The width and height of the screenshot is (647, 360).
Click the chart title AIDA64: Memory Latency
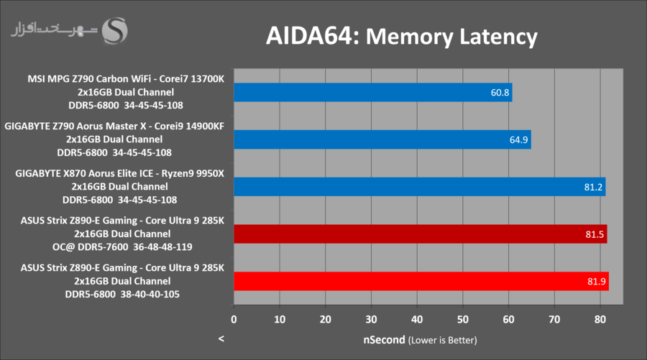[x=402, y=36]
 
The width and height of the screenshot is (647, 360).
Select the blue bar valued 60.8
[x=372, y=92]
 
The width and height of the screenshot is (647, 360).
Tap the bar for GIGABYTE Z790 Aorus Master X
[x=382, y=139]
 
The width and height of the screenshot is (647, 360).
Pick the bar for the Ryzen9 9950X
[x=419, y=187]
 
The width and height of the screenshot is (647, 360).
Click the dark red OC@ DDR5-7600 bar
[x=420, y=234]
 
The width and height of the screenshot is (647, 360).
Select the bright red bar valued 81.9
[x=421, y=282]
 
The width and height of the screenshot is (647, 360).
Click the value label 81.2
[x=593, y=187]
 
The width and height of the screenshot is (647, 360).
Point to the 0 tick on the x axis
[x=234, y=318]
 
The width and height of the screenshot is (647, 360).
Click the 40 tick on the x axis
[x=417, y=318]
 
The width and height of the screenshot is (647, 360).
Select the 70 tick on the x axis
[x=554, y=318]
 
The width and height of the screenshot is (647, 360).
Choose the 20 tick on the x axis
[x=325, y=318]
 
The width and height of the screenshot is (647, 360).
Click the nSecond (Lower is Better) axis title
[x=420, y=339]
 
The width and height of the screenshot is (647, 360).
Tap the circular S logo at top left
[x=116, y=29]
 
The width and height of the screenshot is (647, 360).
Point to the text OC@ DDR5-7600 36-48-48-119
[x=122, y=246]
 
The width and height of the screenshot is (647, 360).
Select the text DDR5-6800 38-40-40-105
[x=122, y=294]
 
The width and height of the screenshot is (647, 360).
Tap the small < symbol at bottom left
[x=221, y=338]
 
